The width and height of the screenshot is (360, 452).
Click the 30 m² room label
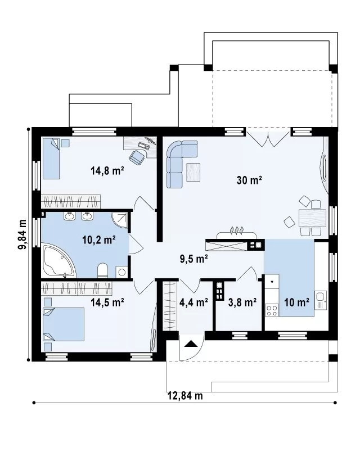point(249,180)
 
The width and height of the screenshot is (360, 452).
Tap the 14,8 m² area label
point(107,171)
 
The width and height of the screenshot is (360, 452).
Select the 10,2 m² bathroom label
point(99,240)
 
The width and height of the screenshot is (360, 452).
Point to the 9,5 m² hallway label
point(194,259)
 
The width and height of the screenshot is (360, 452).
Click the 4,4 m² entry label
point(194,302)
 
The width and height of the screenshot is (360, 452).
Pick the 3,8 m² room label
point(242,302)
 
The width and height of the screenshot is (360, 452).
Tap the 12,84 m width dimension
point(185,396)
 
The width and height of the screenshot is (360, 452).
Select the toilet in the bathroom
point(103,271)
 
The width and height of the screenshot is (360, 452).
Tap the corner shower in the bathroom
point(119,221)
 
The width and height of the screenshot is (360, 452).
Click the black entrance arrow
point(191,343)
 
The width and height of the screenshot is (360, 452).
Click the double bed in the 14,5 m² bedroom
point(64,324)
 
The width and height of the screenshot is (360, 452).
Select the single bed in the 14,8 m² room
point(51,159)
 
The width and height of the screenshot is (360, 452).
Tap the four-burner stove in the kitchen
point(272,310)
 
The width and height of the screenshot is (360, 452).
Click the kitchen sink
point(321,300)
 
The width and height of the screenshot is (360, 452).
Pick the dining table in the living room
point(312,218)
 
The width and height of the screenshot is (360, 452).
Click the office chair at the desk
point(137,157)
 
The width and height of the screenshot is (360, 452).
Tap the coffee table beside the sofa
point(193,172)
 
